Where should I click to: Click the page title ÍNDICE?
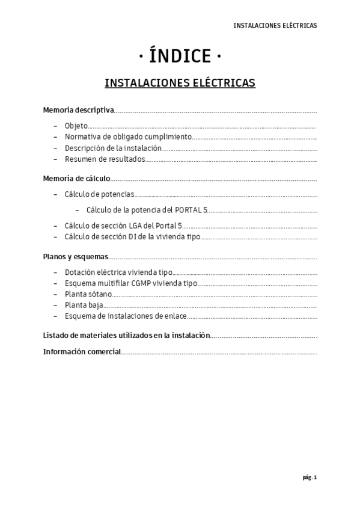[x=180, y=57]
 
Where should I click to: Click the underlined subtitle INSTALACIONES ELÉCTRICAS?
[x=180, y=82]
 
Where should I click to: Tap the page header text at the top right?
[x=275, y=26]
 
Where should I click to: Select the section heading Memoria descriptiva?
[x=78, y=110]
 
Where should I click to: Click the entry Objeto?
[x=76, y=126]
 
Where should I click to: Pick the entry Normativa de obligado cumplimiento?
[x=128, y=137]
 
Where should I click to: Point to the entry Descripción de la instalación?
[x=114, y=148]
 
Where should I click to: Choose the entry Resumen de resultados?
[x=105, y=159]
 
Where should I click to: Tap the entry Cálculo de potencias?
[x=99, y=194]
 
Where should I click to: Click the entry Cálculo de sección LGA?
[x=123, y=226]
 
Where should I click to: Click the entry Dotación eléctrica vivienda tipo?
[x=118, y=272]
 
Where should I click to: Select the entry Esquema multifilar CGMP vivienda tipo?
[x=130, y=283]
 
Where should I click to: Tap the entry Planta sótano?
[x=88, y=293]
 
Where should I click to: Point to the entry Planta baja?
[x=84, y=305]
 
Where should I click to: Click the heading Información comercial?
[x=82, y=351]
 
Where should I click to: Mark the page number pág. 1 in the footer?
[x=309, y=478]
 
